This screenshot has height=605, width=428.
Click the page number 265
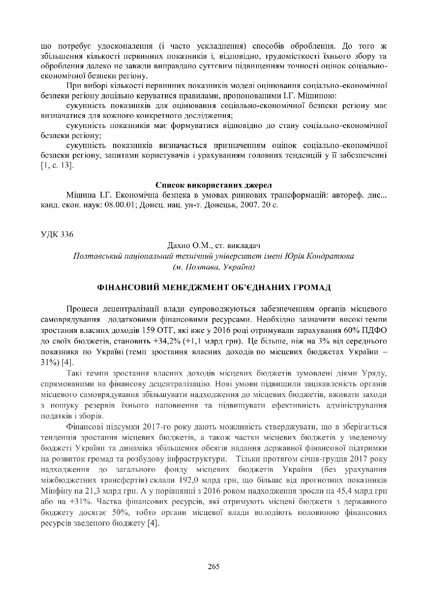pyautogui.click(x=214, y=566)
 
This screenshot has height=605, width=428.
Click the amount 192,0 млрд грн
pyautogui.click(x=199, y=480)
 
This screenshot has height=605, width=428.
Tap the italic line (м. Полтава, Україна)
pyautogui.click(x=213, y=267)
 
